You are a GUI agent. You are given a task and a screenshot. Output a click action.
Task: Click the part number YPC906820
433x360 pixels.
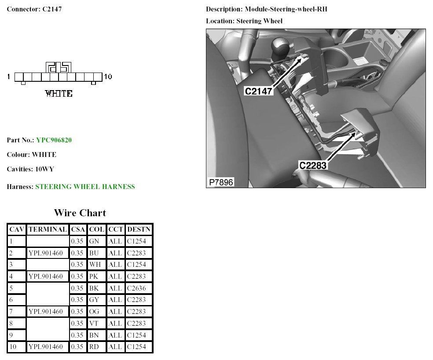click(54, 140)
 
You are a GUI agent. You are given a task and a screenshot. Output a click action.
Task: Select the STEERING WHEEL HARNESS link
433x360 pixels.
click(85, 187)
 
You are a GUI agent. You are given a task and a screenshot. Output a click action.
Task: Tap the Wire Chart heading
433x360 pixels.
click(80, 213)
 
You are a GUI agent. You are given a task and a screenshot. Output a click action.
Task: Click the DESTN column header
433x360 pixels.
click(139, 229)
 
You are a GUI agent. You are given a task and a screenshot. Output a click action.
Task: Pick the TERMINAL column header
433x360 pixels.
click(48, 229)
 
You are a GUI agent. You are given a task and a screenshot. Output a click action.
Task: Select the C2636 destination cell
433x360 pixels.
click(139, 288)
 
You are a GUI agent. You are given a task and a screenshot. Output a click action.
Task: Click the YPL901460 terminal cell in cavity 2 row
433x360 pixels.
click(48, 253)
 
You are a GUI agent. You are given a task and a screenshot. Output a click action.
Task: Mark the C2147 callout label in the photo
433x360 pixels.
click(259, 91)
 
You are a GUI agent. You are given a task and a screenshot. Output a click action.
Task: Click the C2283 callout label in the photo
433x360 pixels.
click(313, 165)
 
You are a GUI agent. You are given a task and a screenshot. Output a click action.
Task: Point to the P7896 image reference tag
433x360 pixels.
click(221, 182)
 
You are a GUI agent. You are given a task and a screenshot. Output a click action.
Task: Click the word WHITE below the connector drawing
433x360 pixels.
click(59, 94)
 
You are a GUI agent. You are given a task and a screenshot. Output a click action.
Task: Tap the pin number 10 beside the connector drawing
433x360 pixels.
click(108, 77)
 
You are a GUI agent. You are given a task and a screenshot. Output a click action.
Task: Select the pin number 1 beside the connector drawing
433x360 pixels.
click(9, 77)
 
